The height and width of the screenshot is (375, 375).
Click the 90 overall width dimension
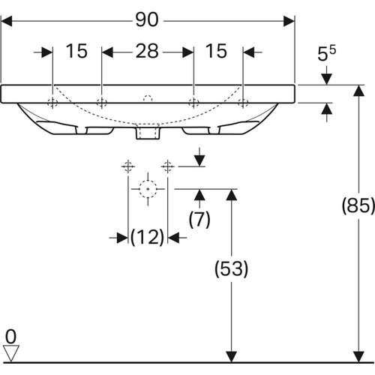(x=147, y=20)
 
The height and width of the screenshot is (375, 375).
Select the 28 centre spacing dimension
(x=147, y=51)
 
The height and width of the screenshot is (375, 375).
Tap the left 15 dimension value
(x=76, y=51)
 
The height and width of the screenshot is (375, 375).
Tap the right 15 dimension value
(x=216, y=51)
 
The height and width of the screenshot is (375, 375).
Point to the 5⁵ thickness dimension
(x=326, y=53)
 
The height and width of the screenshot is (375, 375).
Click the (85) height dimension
(x=358, y=205)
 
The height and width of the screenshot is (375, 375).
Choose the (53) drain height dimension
(x=232, y=269)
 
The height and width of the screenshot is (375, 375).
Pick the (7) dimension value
(x=199, y=219)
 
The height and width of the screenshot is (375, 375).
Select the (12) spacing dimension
(x=148, y=237)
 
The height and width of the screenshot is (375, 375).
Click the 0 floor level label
(x=10, y=337)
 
